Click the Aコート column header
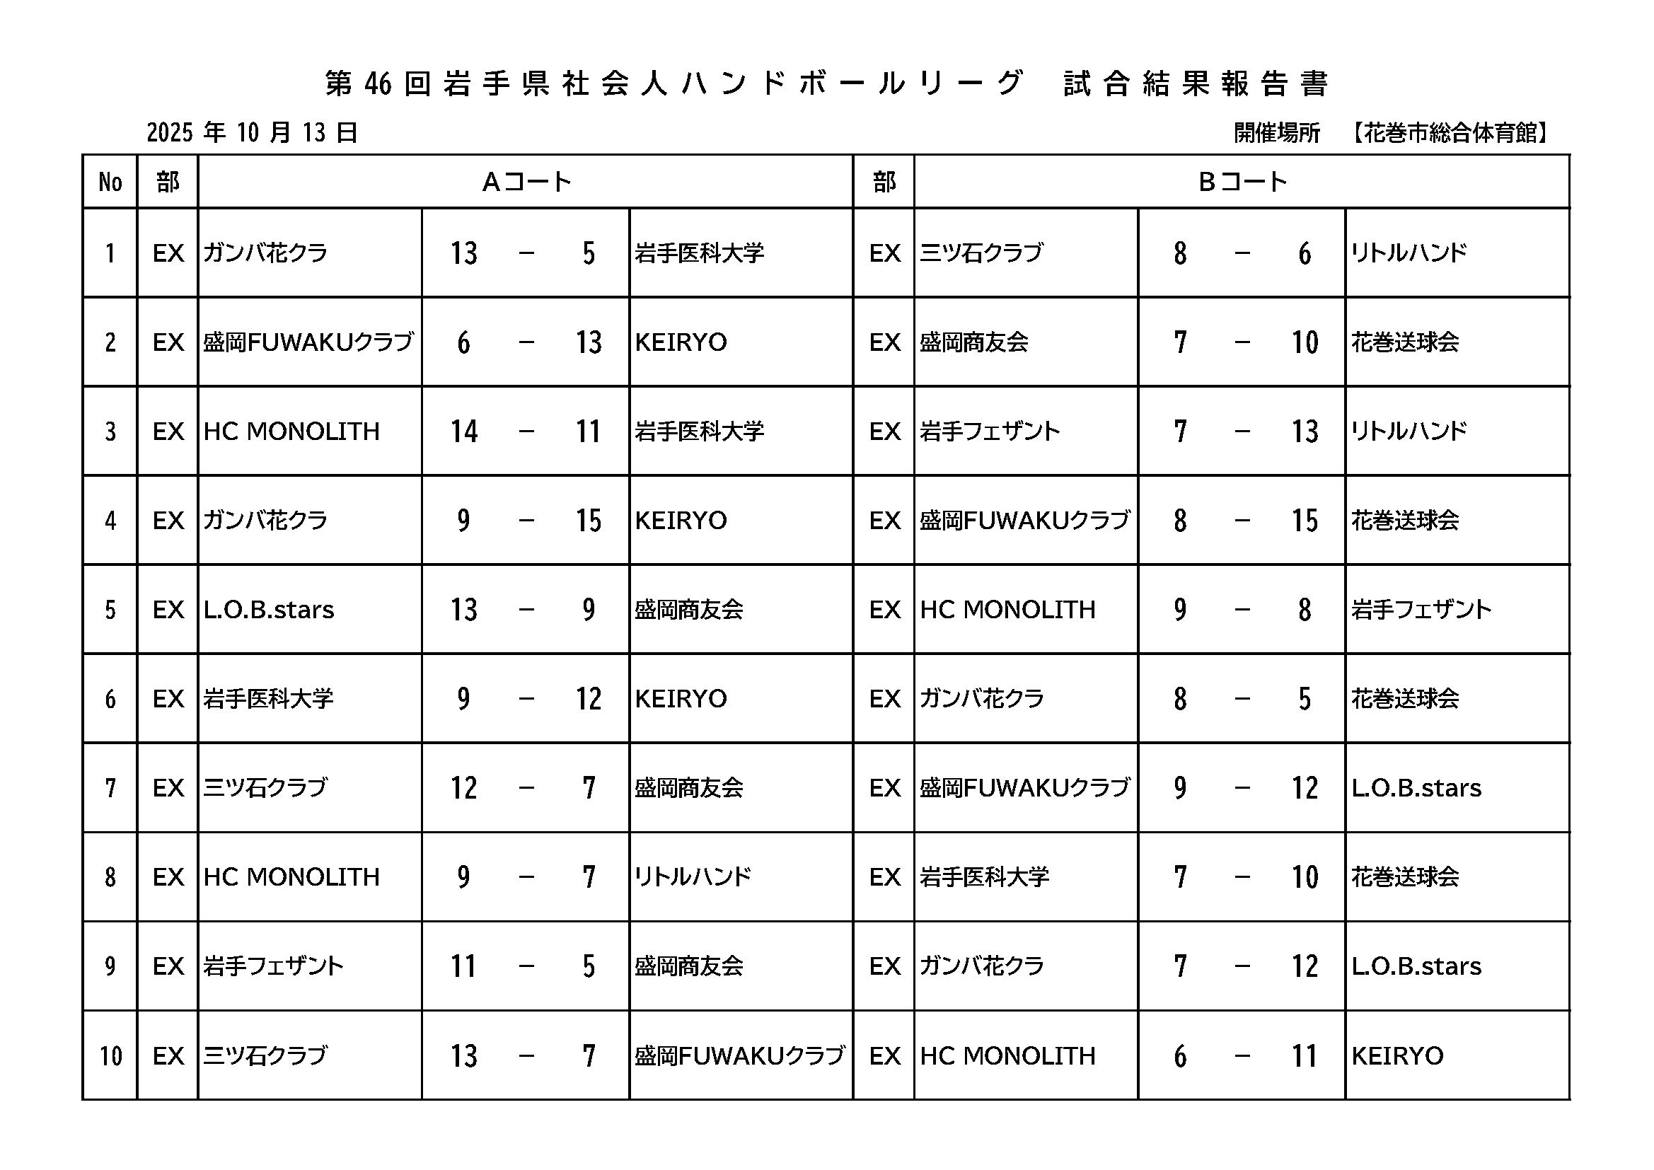(526, 182)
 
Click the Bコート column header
(1242, 182)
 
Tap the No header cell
(110, 183)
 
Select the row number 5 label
(110, 610)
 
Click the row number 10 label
(110, 1056)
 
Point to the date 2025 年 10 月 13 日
(252, 132)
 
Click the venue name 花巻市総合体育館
(1450, 133)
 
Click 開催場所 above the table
(1276, 133)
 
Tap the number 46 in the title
(378, 85)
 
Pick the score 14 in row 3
(464, 431)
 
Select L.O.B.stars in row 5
(269, 610)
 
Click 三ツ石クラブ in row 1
(981, 253)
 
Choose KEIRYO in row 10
(1396, 1056)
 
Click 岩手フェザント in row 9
(273, 966)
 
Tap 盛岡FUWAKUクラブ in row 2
(308, 342)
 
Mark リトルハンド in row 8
(693, 876)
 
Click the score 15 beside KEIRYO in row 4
(588, 521)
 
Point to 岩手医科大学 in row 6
(268, 699)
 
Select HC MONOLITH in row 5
(1007, 610)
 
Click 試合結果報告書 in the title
(1196, 84)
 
